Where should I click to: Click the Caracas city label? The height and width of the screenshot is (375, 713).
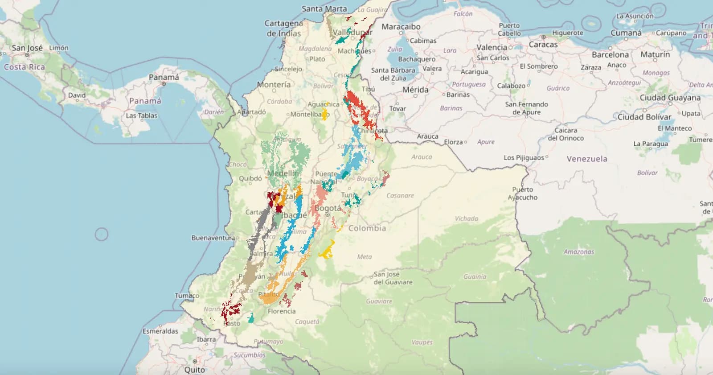(543, 45)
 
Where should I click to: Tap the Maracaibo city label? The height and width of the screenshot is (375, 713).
(401, 27)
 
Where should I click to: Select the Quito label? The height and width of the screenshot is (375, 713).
(195, 370)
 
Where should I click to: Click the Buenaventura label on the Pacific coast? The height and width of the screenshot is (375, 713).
(213, 238)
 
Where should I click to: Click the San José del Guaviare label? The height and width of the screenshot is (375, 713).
(393, 278)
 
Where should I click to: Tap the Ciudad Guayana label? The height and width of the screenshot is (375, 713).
(670, 98)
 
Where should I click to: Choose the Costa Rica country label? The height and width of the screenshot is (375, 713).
(25, 67)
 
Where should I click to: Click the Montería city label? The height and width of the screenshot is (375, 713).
(273, 84)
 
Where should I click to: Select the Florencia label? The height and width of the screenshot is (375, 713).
(281, 311)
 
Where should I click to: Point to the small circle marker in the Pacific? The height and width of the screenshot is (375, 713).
(102, 234)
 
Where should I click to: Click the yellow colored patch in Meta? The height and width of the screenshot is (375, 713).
(327, 251)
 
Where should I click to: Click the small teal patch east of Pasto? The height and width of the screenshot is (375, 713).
(251, 318)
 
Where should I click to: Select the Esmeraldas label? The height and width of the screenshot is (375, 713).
(160, 331)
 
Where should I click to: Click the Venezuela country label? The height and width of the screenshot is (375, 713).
(586, 159)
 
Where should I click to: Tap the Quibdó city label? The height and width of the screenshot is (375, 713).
(250, 178)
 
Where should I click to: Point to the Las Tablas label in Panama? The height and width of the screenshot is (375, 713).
(141, 115)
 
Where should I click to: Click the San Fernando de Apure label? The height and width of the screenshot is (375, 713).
(526, 108)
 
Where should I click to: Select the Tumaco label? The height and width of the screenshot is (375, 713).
(187, 296)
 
